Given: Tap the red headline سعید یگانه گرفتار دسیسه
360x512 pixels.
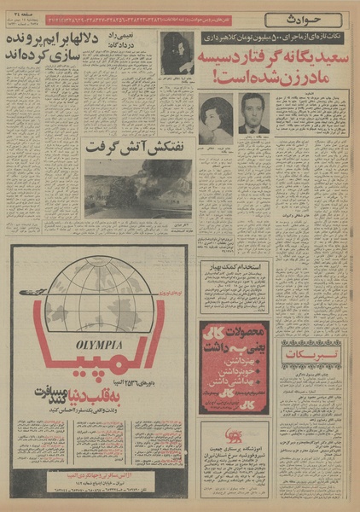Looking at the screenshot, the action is (276, 63).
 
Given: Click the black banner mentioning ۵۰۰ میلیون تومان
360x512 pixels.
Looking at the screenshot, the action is (270, 38).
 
